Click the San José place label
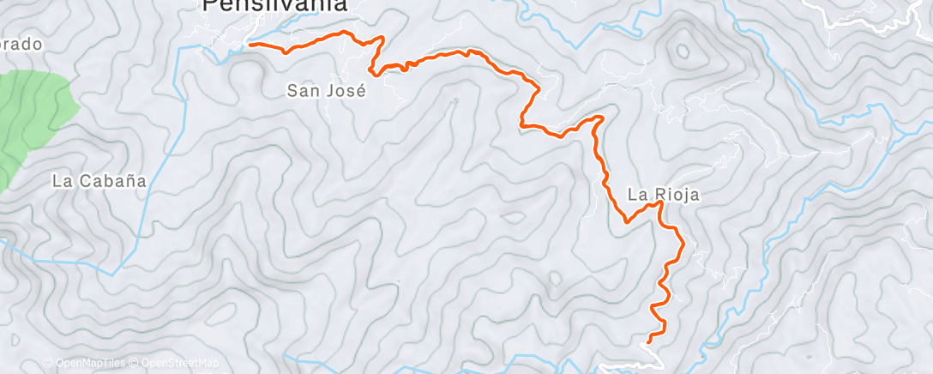click(x=326, y=89)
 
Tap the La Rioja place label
click(x=663, y=195)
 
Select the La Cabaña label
click(x=99, y=181)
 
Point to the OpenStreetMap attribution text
click(x=180, y=363)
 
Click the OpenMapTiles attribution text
click(x=86, y=363)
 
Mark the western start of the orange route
click(x=249, y=42)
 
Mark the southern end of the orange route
click(x=647, y=341)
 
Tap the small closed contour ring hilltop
click(x=683, y=51)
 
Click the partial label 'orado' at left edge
click(x=21, y=44)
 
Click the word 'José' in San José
click(x=346, y=89)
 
